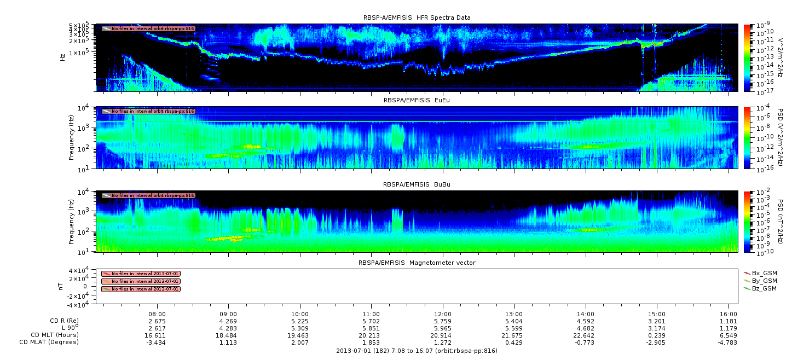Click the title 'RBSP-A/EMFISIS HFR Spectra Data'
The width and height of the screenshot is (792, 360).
(417, 18)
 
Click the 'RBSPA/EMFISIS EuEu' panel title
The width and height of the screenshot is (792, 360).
(417, 101)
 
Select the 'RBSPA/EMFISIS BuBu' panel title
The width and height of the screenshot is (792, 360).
(417, 185)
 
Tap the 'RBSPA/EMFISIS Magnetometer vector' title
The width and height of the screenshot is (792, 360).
(417, 263)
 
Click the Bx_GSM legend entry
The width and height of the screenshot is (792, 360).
(764, 272)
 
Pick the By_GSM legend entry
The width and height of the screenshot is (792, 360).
(764, 280)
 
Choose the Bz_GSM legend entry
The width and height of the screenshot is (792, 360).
(764, 288)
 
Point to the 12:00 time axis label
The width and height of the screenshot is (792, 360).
(442, 315)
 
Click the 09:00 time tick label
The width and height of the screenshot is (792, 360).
(228, 315)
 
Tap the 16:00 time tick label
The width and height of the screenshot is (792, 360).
(728, 315)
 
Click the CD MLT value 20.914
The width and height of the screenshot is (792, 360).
(442, 335)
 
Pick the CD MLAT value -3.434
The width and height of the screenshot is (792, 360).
(157, 342)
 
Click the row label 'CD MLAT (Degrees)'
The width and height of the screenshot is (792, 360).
(49, 342)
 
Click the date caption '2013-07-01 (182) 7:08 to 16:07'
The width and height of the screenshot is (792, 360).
(417, 350)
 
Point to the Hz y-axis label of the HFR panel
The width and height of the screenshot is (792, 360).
(62, 57)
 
